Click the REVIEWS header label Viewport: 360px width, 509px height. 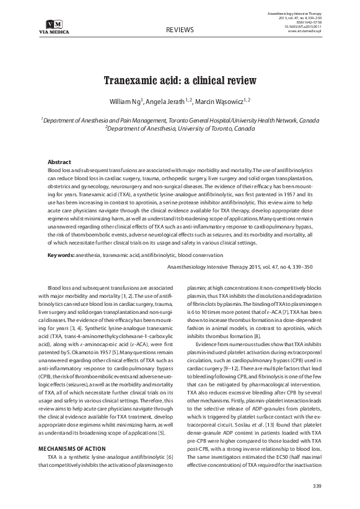click(x=180, y=30)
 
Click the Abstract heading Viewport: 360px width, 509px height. click(x=59, y=161)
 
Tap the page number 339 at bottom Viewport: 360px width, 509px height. click(x=317, y=484)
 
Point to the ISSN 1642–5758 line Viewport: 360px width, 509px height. click(x=305, y=21)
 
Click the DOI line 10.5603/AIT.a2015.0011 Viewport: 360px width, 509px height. click(x=301, y=26)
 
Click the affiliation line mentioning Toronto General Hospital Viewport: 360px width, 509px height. click(x=180, y=120)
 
